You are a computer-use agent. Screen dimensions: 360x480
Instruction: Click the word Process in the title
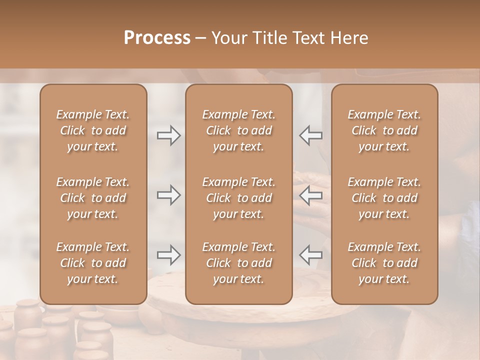(157, 38)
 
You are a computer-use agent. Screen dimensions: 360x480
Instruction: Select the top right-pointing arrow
(169, 135)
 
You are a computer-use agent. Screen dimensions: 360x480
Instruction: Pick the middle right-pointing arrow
(169, 195)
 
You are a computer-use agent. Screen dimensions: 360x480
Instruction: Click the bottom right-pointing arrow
(169, 255)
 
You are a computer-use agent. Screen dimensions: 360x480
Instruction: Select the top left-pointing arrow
(311, 135)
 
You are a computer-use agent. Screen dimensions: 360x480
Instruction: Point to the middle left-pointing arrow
(311, 195)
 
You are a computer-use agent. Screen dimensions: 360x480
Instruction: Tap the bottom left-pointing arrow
(311, 255)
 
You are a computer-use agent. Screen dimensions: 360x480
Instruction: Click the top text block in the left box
(93, 130)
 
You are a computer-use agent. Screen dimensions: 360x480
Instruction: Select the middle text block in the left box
(93, 198)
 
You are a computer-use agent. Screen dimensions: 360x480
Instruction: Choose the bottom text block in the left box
(93, 263)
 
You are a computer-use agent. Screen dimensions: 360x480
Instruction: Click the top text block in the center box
(238, 130)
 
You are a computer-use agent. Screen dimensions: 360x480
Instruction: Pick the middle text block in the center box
(238, 198)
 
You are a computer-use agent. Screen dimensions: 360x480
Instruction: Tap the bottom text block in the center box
(238, 263)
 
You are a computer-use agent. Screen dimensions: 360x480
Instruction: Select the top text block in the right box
(384, 130)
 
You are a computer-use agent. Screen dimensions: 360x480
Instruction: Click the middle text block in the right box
(384, 198)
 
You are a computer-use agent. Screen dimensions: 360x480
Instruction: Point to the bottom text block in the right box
(384, 263)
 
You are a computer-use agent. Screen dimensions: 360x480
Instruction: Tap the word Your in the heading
(229, 38)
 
